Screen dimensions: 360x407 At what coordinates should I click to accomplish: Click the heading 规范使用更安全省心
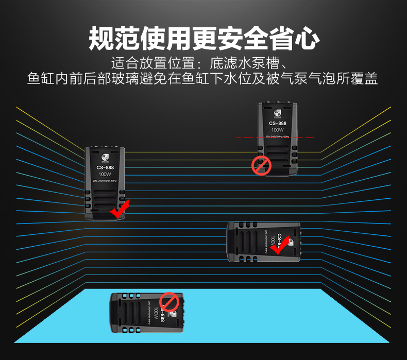(x=203, y=38)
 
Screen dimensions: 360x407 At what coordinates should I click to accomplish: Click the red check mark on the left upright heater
(x=120, y=210)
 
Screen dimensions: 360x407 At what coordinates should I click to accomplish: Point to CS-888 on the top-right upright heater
(x=277, y=124)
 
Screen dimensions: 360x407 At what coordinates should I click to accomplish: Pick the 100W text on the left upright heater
(x=105, y=175)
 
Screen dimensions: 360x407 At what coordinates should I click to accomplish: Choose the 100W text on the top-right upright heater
(x=277, y=130)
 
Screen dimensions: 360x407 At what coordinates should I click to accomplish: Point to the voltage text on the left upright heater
(x=105, y=181)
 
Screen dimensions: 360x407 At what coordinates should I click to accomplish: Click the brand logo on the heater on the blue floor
(x=175, y=313)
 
